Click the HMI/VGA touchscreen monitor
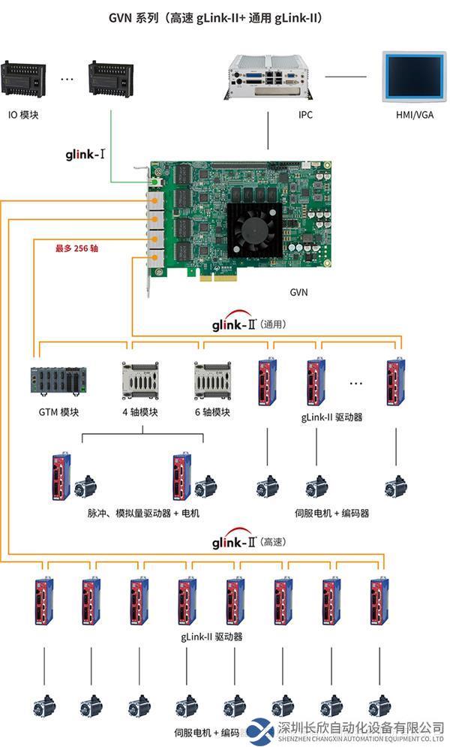pos(408,75)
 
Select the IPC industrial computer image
pos(268,77)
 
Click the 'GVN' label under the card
pos(298,292)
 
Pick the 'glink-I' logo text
pos(85,155)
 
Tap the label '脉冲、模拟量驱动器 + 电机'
pos(143,514)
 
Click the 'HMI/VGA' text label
pos(414,116)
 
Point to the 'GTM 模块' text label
pos(58,412)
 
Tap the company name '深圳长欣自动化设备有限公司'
pos(360,726)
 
